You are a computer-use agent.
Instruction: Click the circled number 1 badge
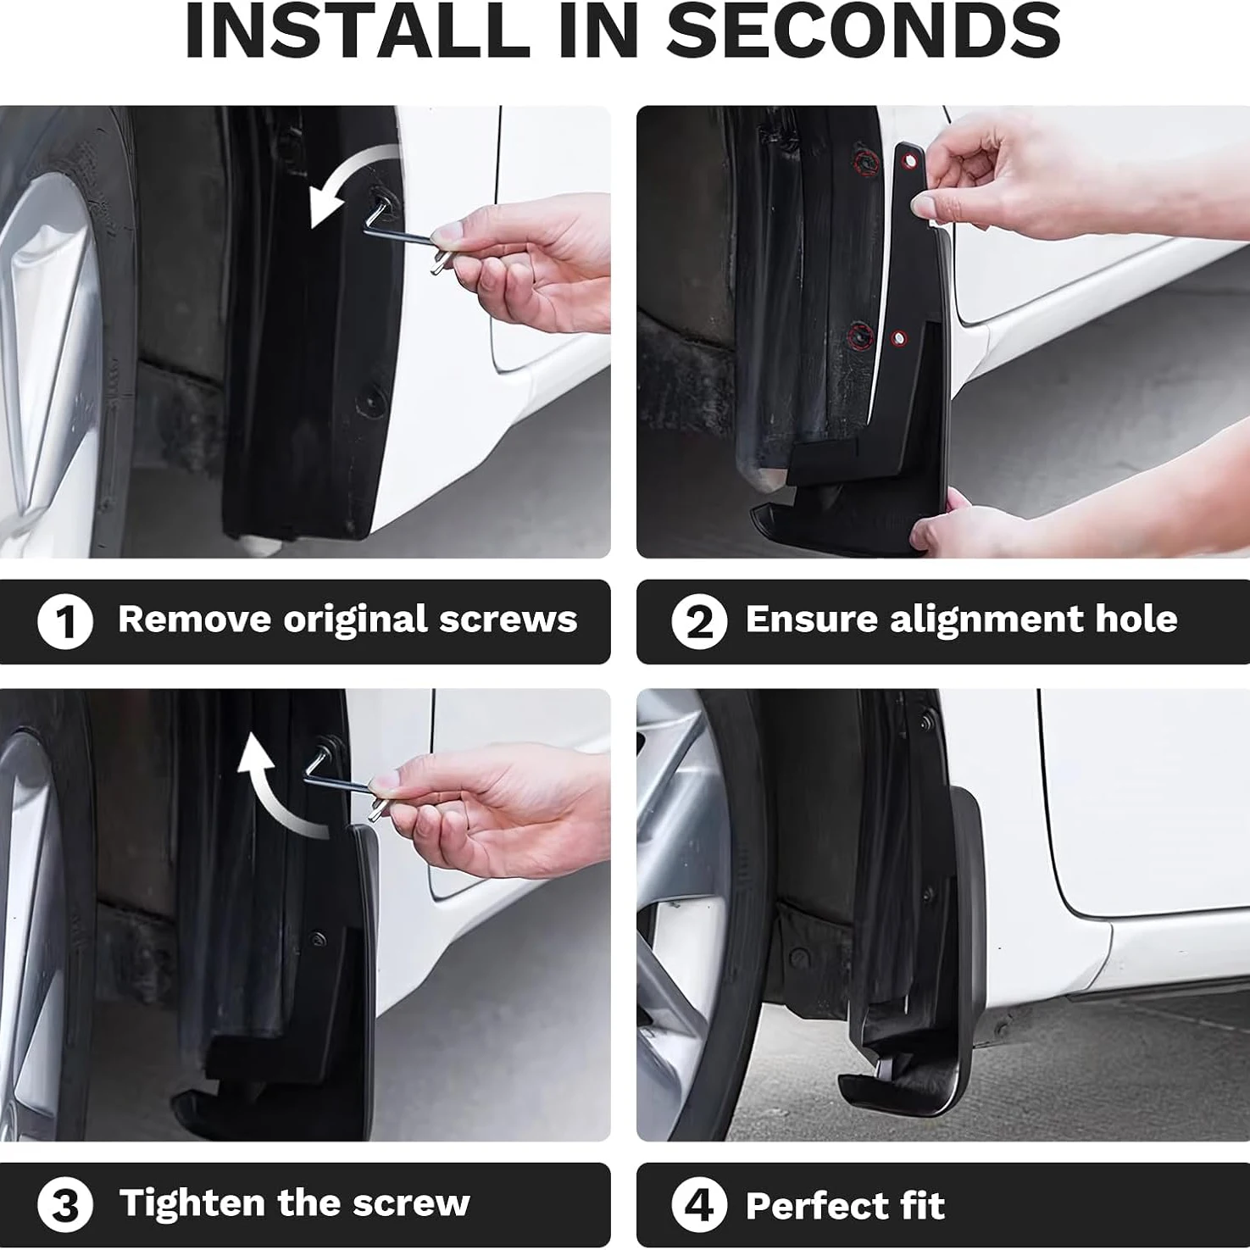64,621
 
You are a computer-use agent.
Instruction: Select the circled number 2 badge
699,621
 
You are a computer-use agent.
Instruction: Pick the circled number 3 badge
64,1205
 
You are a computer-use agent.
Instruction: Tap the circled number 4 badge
699,1205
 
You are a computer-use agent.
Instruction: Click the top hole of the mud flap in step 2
909,160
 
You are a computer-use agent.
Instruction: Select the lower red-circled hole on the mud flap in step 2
899,339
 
